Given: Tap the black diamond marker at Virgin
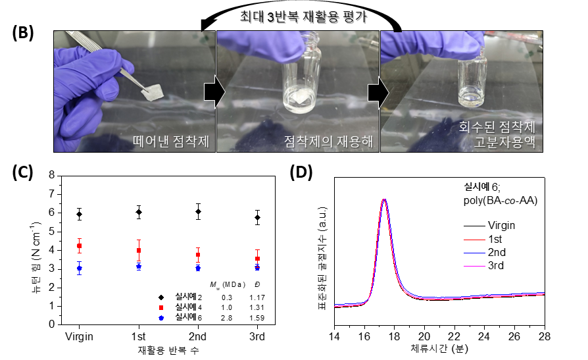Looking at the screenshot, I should click(79, 214).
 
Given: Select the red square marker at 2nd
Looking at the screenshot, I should click(198, 255).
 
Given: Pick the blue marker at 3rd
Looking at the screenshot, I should click(257, 268).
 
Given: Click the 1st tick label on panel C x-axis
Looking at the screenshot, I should click(138, 336).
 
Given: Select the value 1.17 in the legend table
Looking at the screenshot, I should click(257, 297).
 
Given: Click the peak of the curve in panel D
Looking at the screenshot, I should click(383, 199).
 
